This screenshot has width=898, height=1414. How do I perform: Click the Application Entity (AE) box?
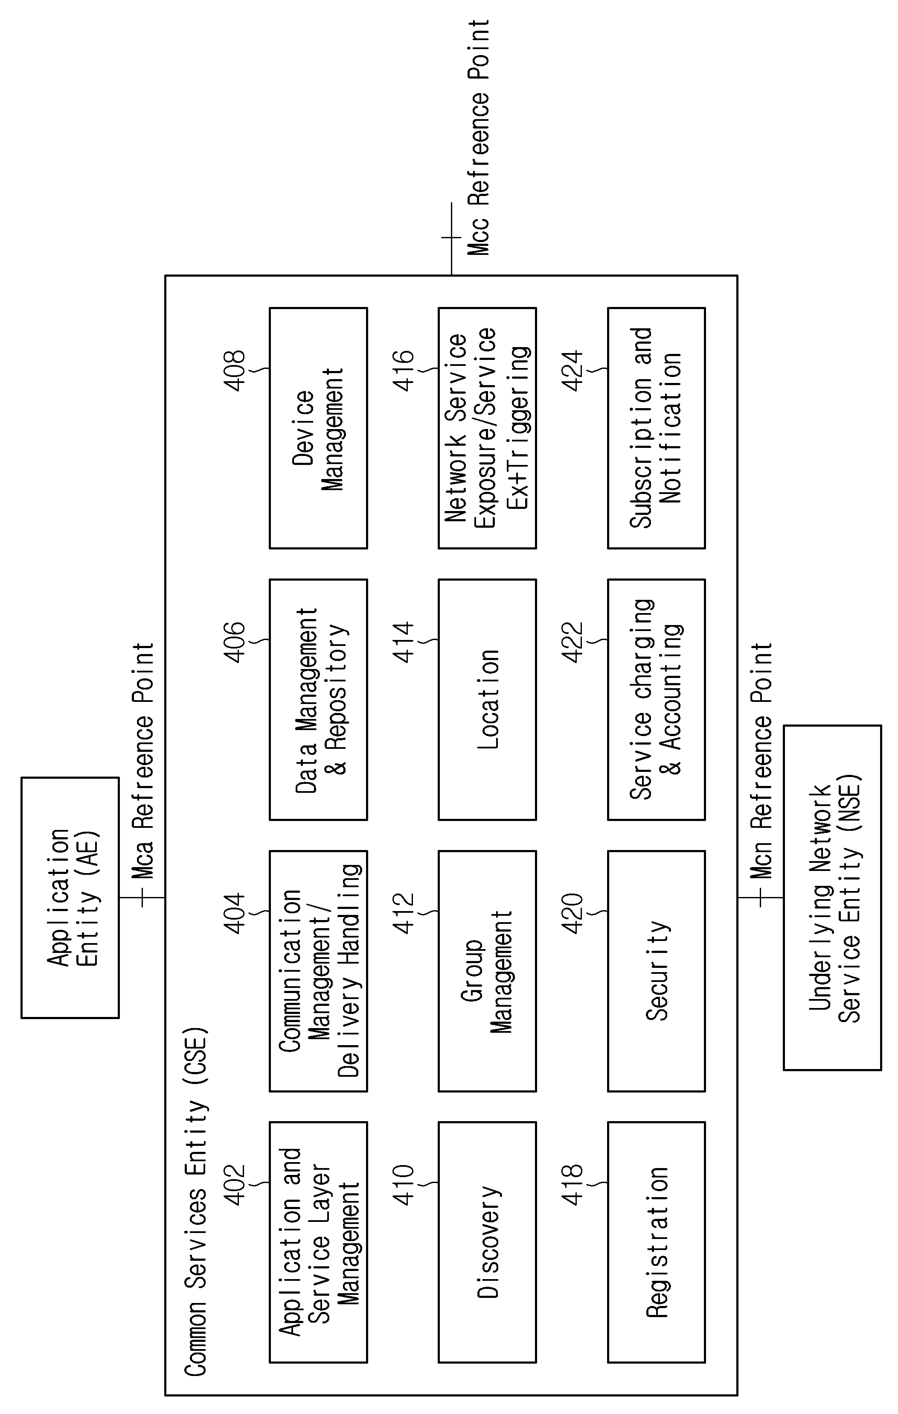(x=70, y=897)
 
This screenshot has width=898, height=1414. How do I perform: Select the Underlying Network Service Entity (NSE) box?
(x=832, y=897)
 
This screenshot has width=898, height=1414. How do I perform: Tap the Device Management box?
(x=318, y=428)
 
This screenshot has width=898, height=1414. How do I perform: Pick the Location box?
(x=487, y=699)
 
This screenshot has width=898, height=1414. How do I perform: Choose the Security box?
(x=656, y=971)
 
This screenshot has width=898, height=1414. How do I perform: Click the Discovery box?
(x=487, y=1242)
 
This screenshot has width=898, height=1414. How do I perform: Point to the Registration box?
(x=656, y=1242)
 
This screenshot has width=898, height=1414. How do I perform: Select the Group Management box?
(x=487, y=971)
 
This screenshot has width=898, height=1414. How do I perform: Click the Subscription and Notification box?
(x=656, y=428)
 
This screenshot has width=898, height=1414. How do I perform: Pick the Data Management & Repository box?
(x=318, y=699)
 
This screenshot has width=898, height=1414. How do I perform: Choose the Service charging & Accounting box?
(x=656, y=699)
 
